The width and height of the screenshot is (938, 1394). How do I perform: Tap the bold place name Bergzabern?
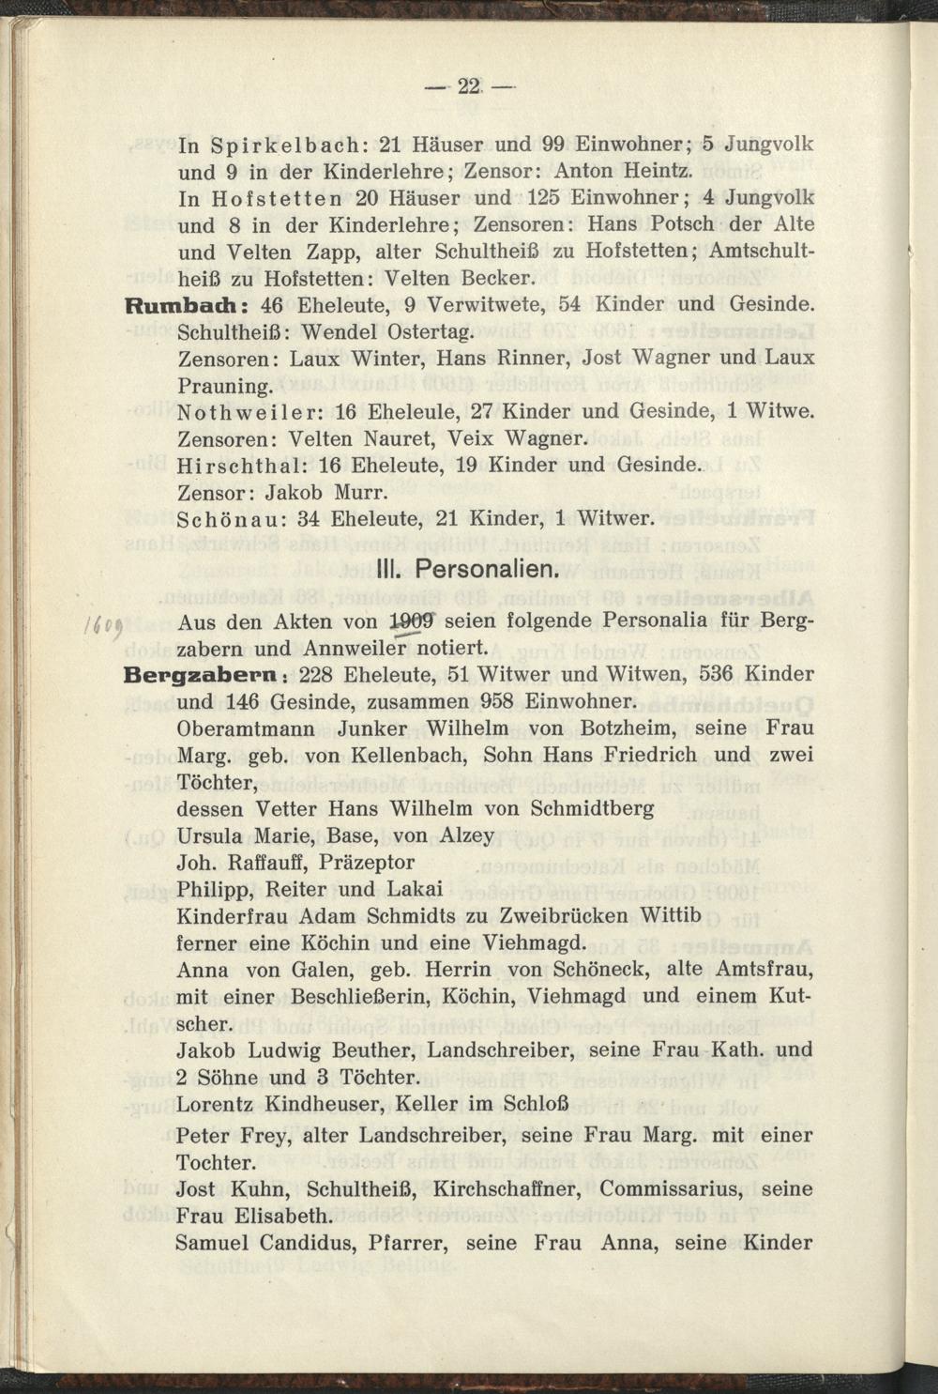pyautogui.click(x=203, y=675)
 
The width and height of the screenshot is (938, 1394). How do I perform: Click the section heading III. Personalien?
pyautogui.click(x=466, y=569)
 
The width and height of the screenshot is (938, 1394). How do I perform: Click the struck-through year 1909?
pyautogui.click(x=413, y=621)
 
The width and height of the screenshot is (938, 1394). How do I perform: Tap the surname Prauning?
pyautogui.click(x=224, y=386)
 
